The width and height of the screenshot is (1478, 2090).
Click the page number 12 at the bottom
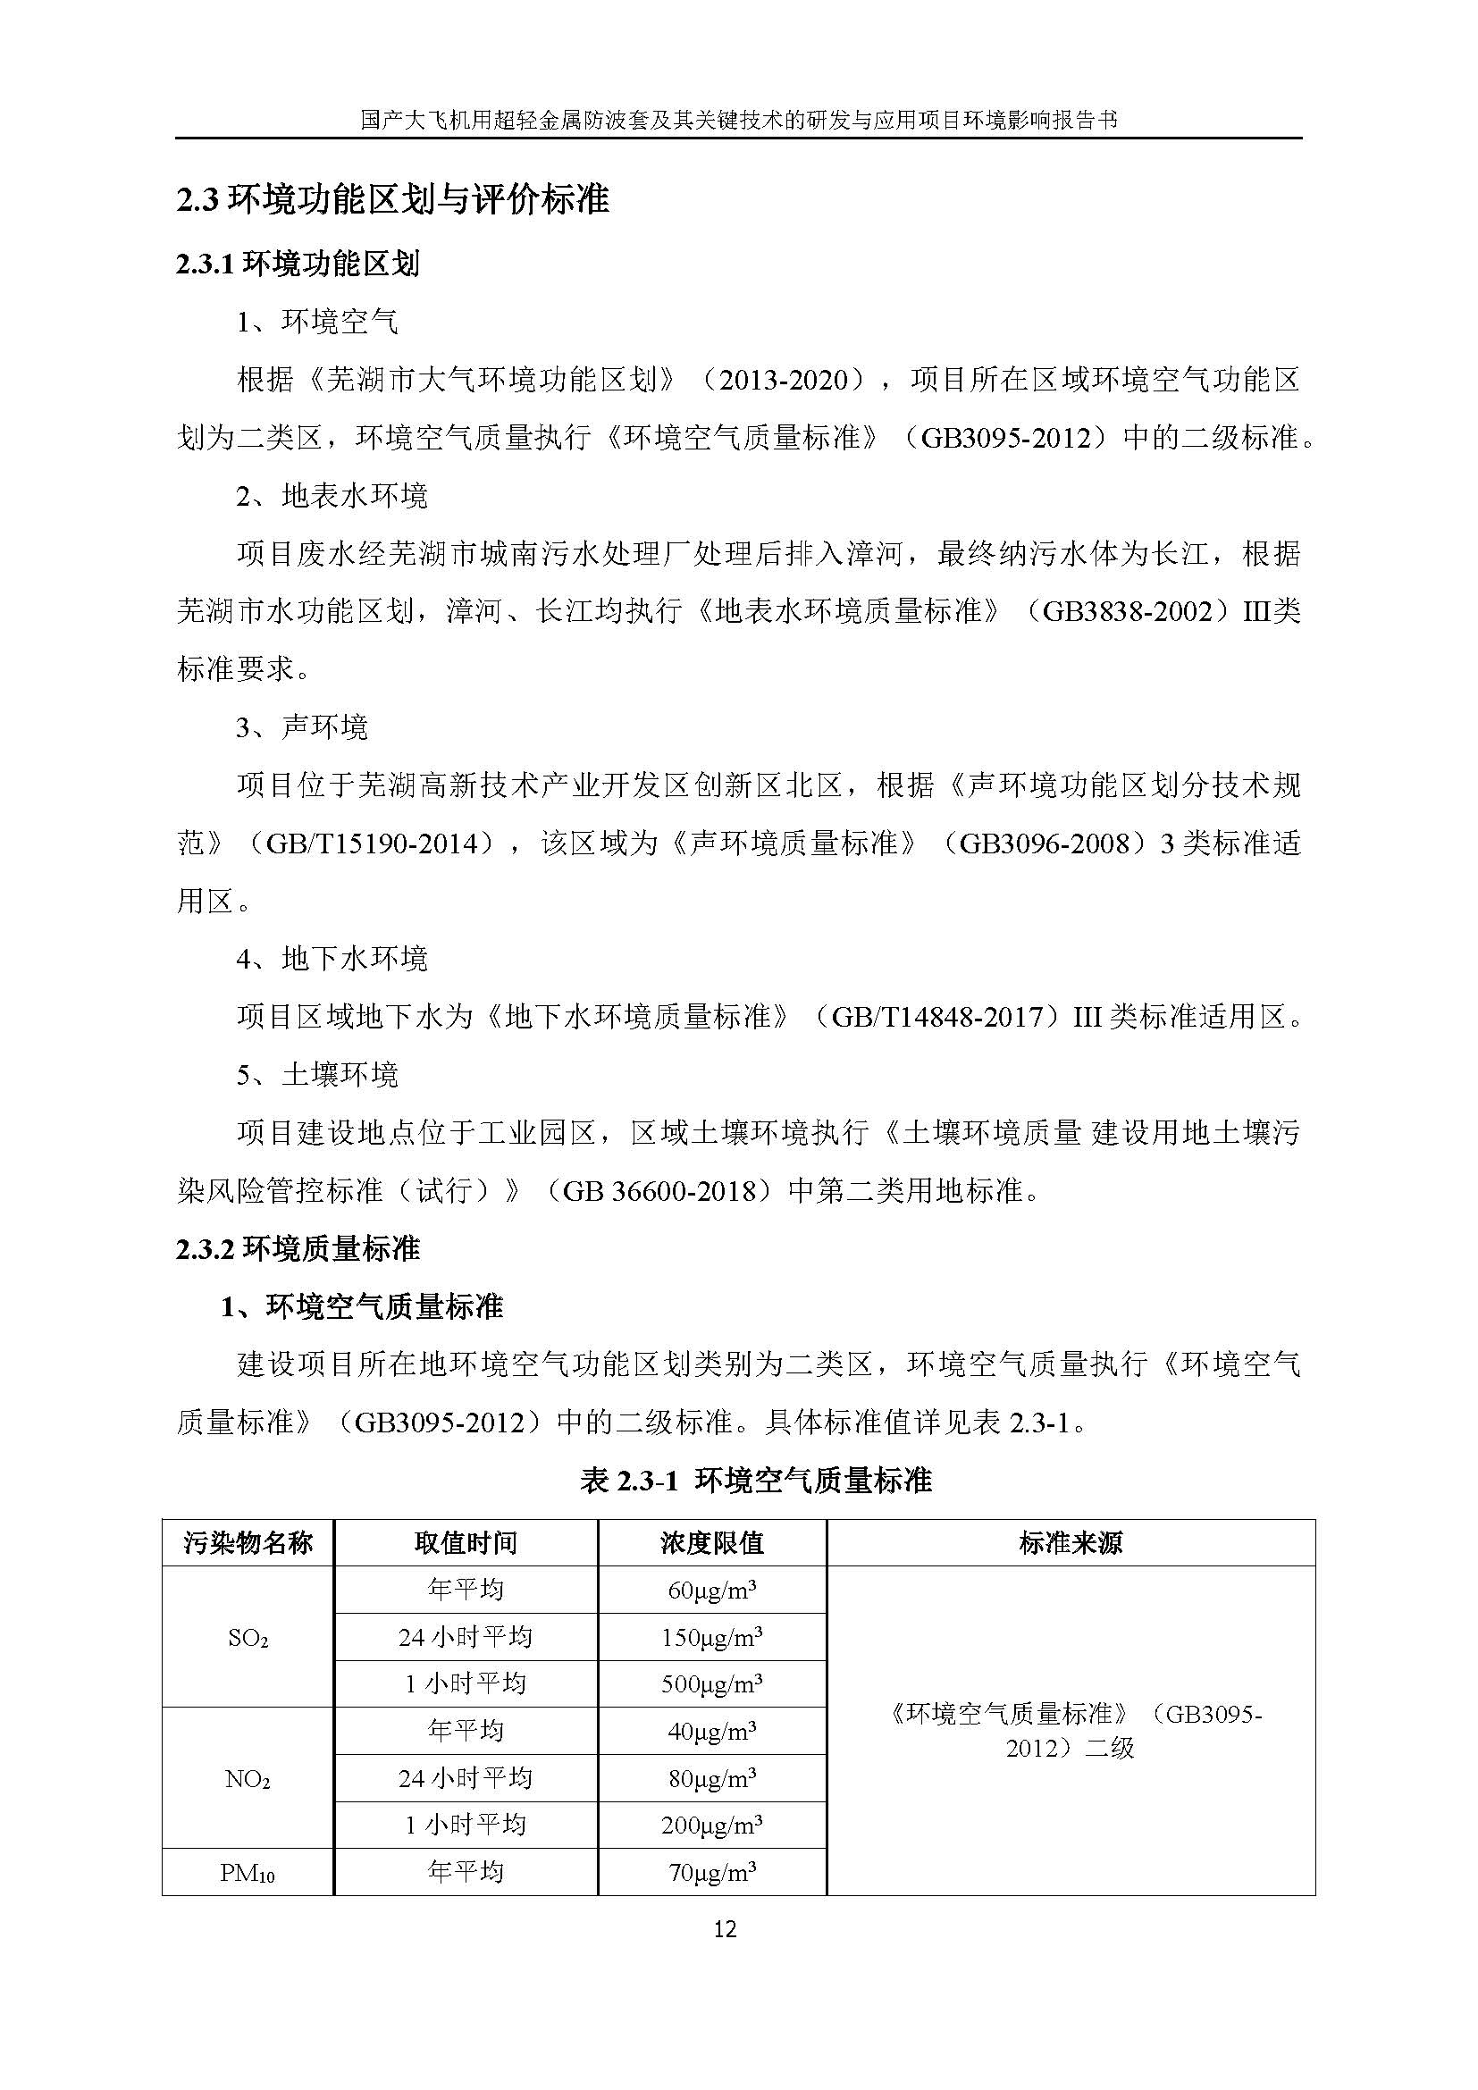point(725,1929)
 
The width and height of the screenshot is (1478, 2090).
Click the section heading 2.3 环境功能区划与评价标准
point(392,199)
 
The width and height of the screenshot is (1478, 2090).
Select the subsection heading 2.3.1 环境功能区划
point(298,264)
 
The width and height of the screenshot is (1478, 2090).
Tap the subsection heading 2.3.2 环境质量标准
point(298,1248)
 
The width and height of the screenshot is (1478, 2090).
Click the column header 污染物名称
point(248,1543)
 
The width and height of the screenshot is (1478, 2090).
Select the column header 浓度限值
point(711,1543)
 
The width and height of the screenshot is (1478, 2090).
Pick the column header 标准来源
point(1071,1543)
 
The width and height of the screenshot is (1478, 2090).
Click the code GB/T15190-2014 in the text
point(371,844)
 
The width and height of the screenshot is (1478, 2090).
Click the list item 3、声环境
point(302,726)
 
